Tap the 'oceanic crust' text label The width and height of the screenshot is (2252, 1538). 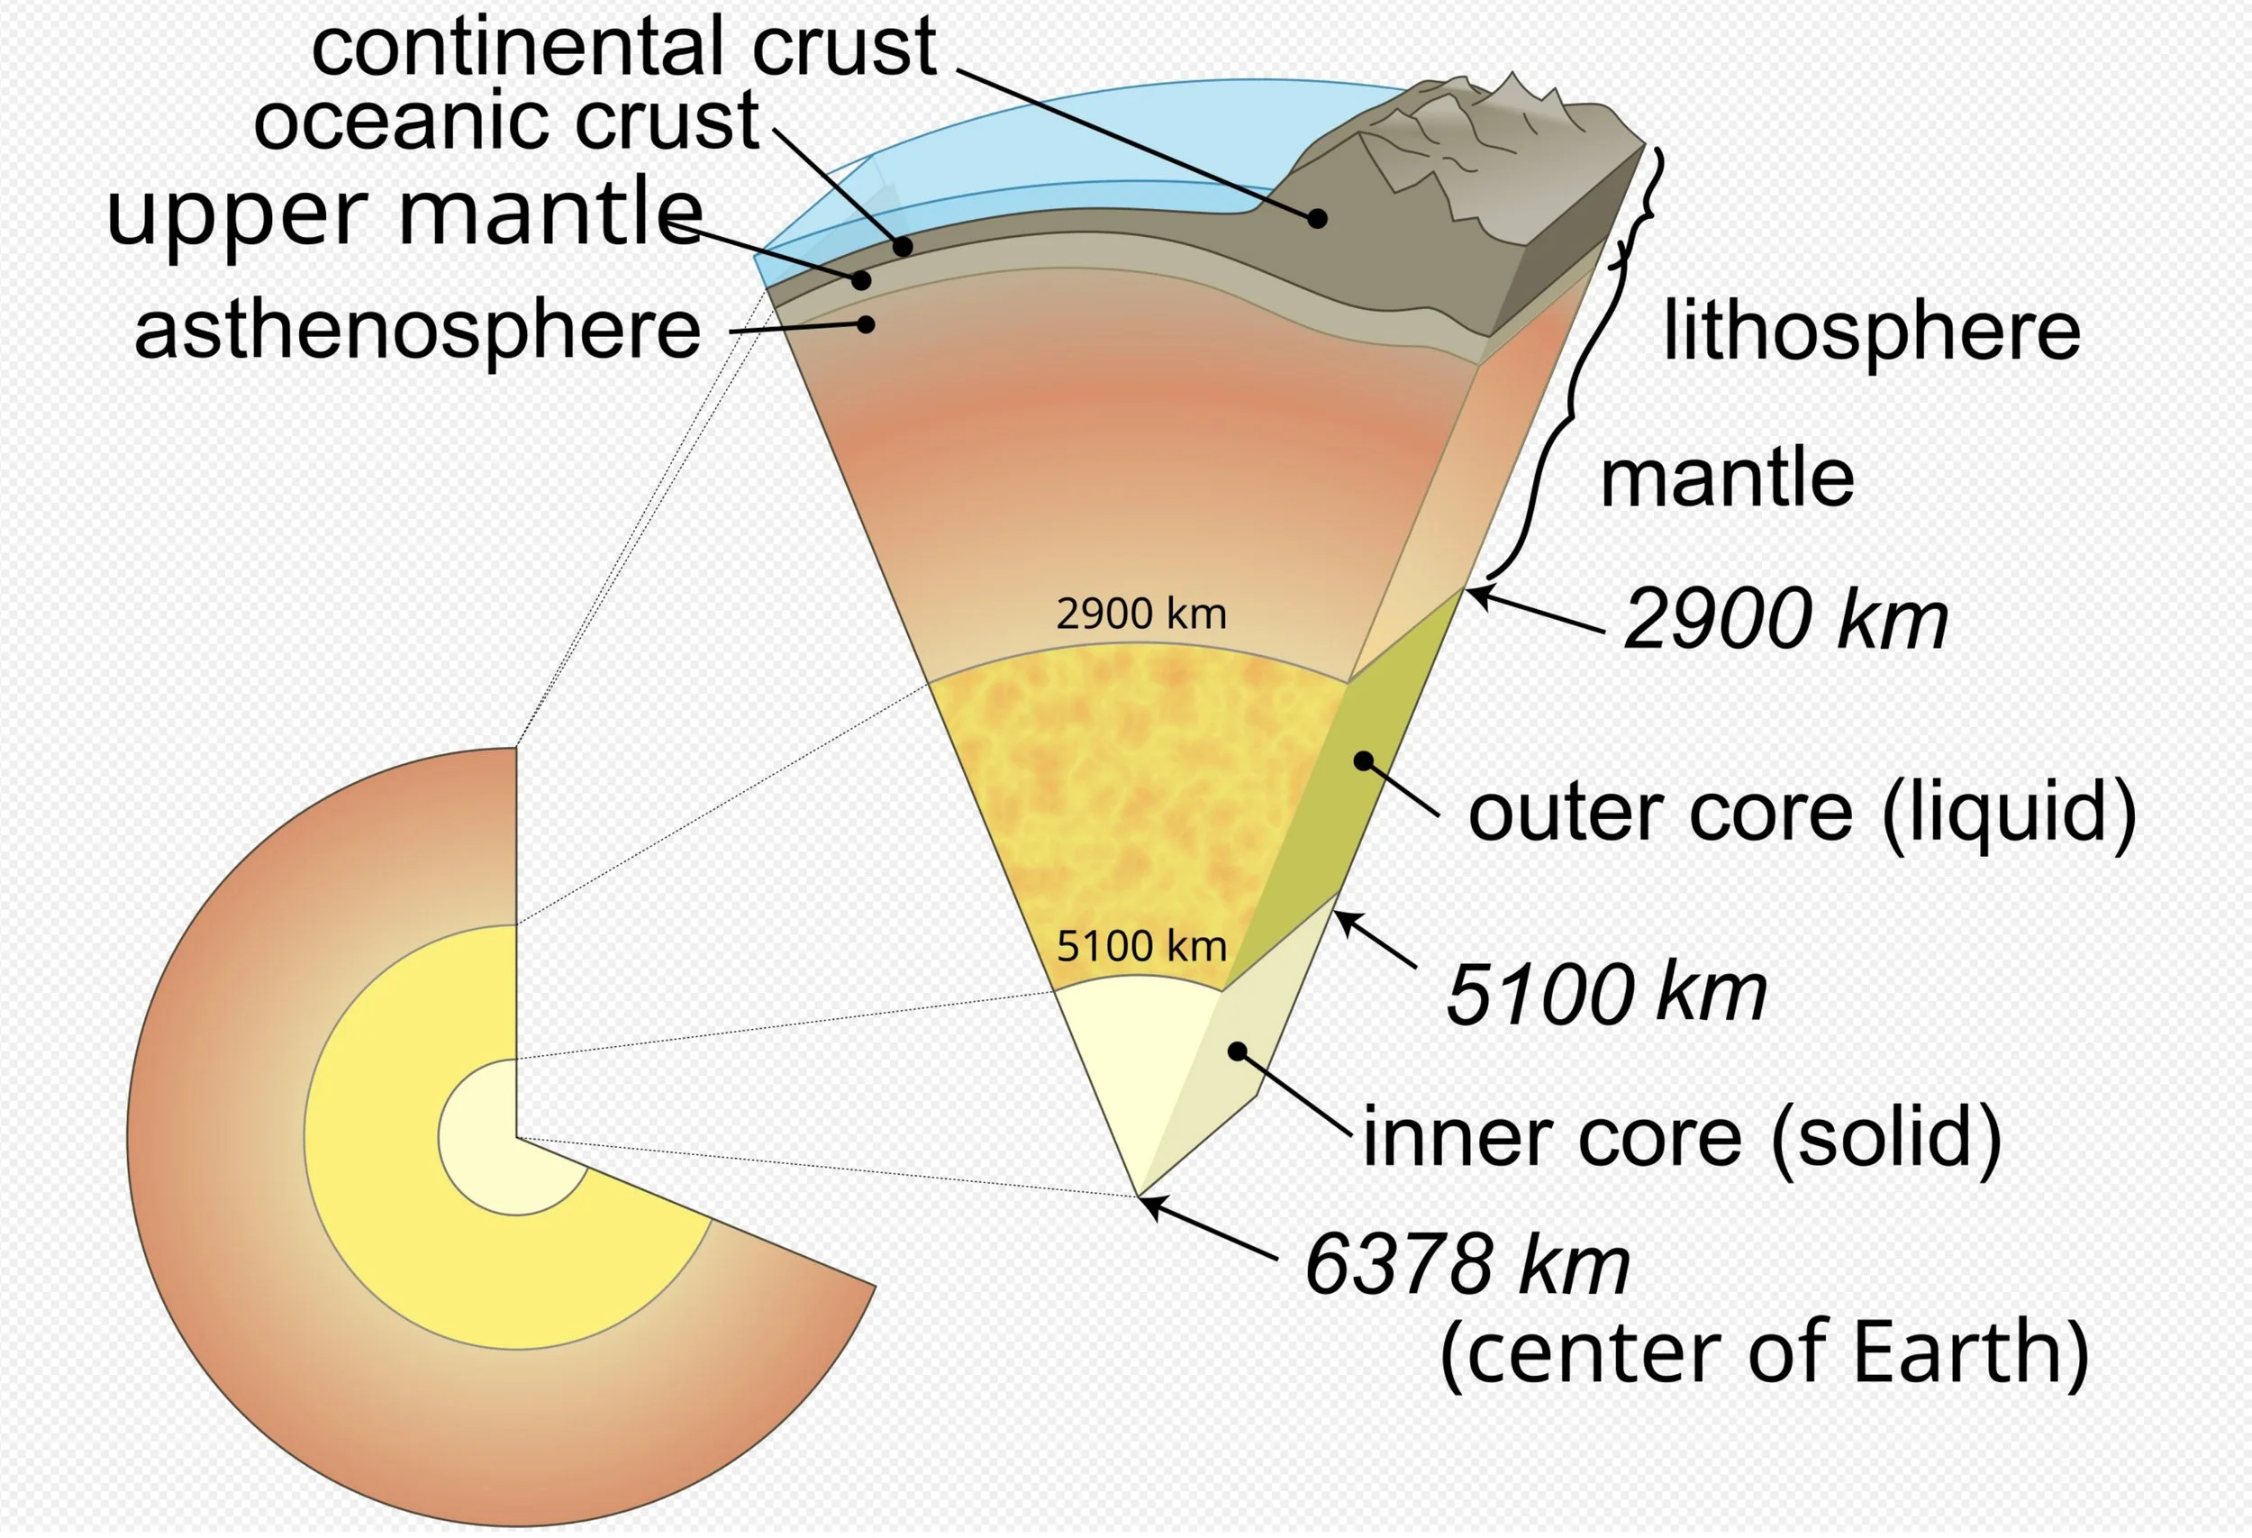[x=506, y=121]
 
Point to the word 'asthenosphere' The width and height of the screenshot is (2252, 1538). [x=418, y=331]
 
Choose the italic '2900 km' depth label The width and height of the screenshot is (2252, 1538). [x=1784, y=620]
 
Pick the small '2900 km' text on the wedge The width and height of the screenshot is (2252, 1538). [x=1141, y=614]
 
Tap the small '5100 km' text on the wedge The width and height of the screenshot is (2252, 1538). [x=1141, y=946]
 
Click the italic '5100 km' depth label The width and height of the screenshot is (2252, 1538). [x=1605, y=994]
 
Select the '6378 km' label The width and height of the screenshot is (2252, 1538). [x=1467, y=1265]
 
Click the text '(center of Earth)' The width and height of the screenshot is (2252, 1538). [x=1765, y=1353]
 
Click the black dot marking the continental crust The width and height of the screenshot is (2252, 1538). [x=1317, y=219]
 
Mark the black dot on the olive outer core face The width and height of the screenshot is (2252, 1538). [x=1364, y=761]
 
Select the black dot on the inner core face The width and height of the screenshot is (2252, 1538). [x=1238, y=1051]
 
